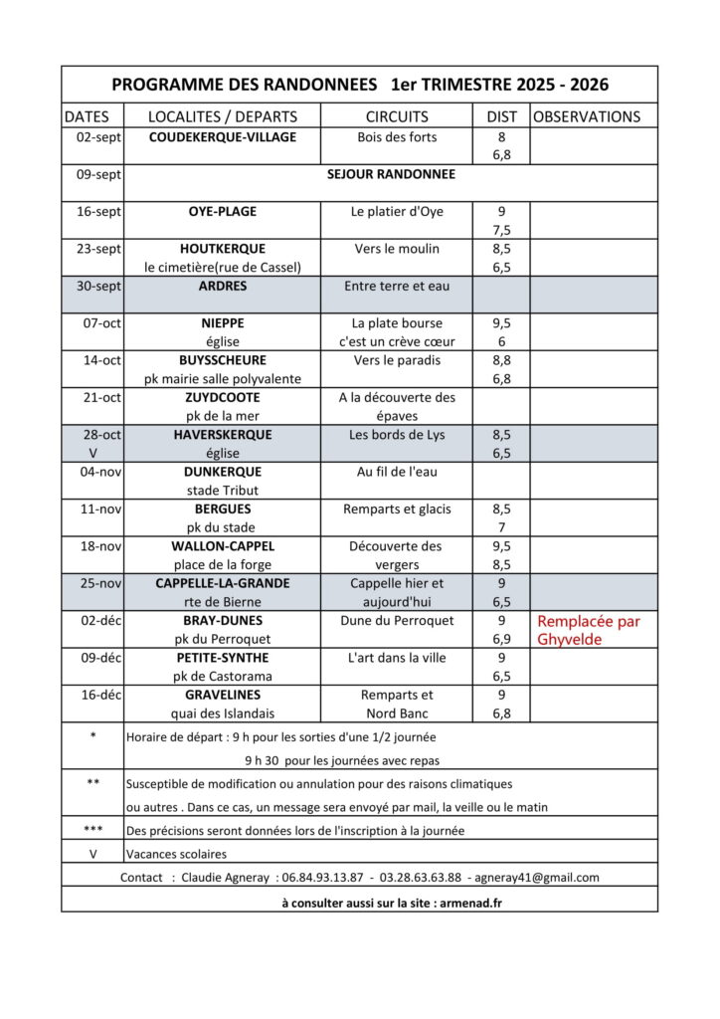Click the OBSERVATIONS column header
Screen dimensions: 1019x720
click(587, 116)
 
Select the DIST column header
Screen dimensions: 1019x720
click(501, 116)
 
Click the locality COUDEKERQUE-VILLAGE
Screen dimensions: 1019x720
click(222, 137)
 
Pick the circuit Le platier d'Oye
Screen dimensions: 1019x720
click(397, 212)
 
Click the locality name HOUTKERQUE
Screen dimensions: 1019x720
click(222, 249)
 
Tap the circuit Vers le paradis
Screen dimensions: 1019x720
click(397, 360)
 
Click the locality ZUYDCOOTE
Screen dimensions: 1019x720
click(222, 397)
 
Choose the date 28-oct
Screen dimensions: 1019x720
click(99, 435)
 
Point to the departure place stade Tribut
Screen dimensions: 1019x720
click(222, 490)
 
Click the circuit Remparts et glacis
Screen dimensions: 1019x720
click(397, 509)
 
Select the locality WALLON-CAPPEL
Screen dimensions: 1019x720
click(222, 546)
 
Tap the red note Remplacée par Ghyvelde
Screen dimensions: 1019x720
click(589, 630)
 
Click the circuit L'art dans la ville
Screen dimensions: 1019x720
click(397, 658)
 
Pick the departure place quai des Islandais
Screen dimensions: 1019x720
click(222, 713)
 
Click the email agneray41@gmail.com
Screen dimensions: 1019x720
click(538, 878)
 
